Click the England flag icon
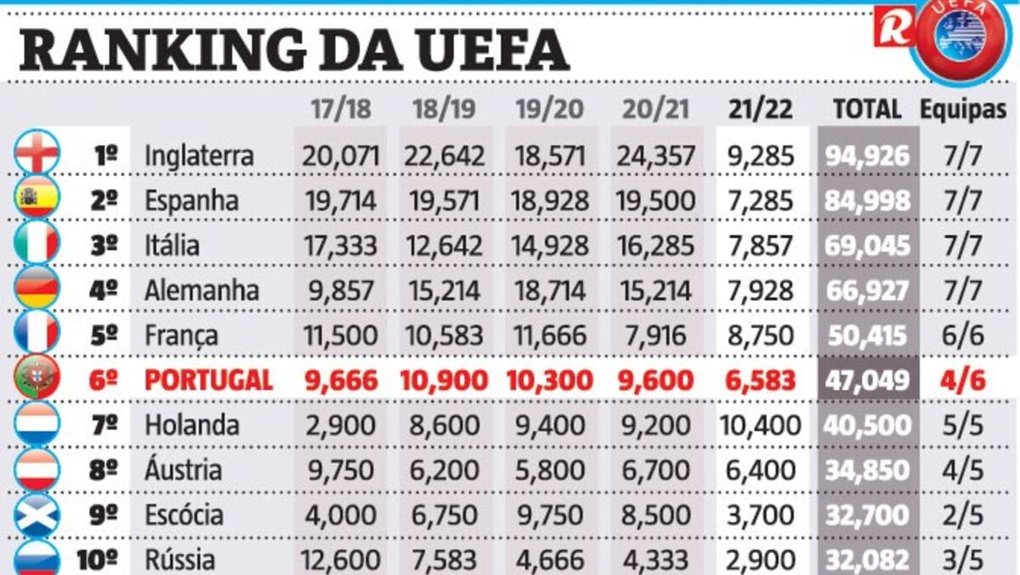click(x=37, y=153)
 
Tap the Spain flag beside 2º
click(x=37, y=198)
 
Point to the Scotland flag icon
click(x=37, y=513)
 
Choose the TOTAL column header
click(x=866, y=109)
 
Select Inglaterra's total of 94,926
click(x=867, y=157)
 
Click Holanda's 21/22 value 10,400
click(x=760, y=425)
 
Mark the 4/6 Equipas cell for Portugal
click(x=963, y=380)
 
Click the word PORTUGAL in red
click(x=208, y=380)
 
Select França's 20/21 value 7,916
click(x=655, y=335)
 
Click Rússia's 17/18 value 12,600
click(x=339, y=561)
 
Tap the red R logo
click(x=893, y=26)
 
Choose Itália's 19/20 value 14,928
click(x=549, y=246)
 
